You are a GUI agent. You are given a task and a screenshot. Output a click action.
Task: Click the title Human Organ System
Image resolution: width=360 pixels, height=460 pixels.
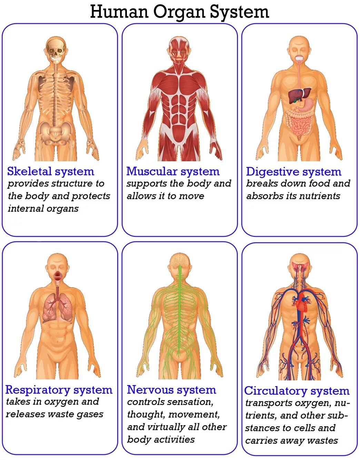pos(179,12)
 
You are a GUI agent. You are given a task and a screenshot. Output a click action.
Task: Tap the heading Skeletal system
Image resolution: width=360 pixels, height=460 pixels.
pos(50,171)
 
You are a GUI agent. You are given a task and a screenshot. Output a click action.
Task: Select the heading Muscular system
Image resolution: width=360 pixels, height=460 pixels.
pos(173,171)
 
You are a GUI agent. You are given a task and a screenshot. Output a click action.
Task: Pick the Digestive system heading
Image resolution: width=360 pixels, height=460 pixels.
pos(293,172)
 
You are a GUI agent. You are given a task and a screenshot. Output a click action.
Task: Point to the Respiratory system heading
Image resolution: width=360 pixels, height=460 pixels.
pos(59,390)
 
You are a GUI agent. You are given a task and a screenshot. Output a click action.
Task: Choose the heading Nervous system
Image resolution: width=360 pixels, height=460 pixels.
pos(171,390)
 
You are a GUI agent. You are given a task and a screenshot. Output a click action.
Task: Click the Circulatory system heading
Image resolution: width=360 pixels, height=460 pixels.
pos(297,391)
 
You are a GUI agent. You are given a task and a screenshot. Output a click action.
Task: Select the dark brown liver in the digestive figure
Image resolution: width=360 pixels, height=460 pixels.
pos(298,94)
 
